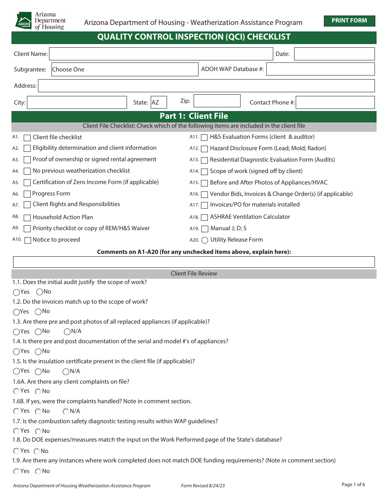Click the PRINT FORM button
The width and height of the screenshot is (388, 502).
coord(349,21)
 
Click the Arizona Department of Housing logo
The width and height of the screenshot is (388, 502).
coord(40,20)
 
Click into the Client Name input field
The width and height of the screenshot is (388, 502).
coord(161,54)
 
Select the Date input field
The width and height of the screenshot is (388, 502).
coord(334,54)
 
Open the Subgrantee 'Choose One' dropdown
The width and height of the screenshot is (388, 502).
coord(125,69)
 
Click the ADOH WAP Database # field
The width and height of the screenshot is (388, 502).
coord(320,69)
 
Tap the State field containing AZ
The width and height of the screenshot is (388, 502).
coord(158,102)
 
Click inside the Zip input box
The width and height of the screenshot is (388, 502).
coord(216,101)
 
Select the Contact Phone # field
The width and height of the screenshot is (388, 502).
coord(335,102)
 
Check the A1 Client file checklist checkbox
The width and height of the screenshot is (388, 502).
coord(27,138)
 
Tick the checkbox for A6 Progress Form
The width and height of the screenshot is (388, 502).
coord(27,194)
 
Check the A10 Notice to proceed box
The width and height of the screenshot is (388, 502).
coord(27,240)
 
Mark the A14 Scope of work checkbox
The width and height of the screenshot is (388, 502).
coord(205,171)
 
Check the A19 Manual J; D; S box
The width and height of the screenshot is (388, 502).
coord(205,229)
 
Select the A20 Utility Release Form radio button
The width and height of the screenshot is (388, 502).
coord(205,240)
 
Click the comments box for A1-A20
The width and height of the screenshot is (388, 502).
coord(194,262)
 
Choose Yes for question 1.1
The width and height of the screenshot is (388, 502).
coord(16,292)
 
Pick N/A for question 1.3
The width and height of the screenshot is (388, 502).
coord(67,331)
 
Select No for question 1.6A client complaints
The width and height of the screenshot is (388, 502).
coord(38,391)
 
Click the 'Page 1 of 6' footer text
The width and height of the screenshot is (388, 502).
coord(353,484)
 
